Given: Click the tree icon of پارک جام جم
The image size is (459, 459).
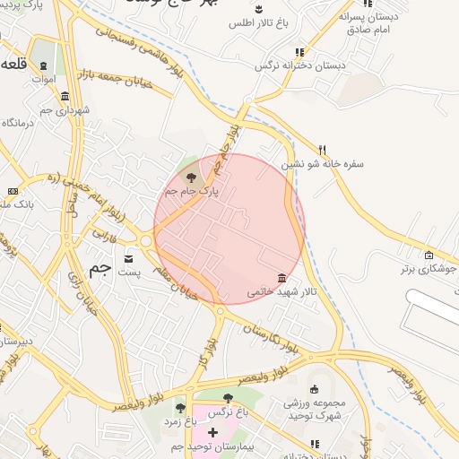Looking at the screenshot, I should [190, 178].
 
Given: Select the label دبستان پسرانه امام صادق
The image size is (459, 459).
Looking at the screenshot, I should [368, 22].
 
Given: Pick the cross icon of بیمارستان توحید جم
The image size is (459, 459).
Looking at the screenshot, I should [212, 432].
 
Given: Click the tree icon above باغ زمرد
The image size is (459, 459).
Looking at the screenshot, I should [180, 408].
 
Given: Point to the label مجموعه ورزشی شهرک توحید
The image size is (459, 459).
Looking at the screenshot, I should [314, 410].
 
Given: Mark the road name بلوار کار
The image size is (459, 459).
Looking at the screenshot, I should [209, 345].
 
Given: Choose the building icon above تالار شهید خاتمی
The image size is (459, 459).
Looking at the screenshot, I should [282, 277].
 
